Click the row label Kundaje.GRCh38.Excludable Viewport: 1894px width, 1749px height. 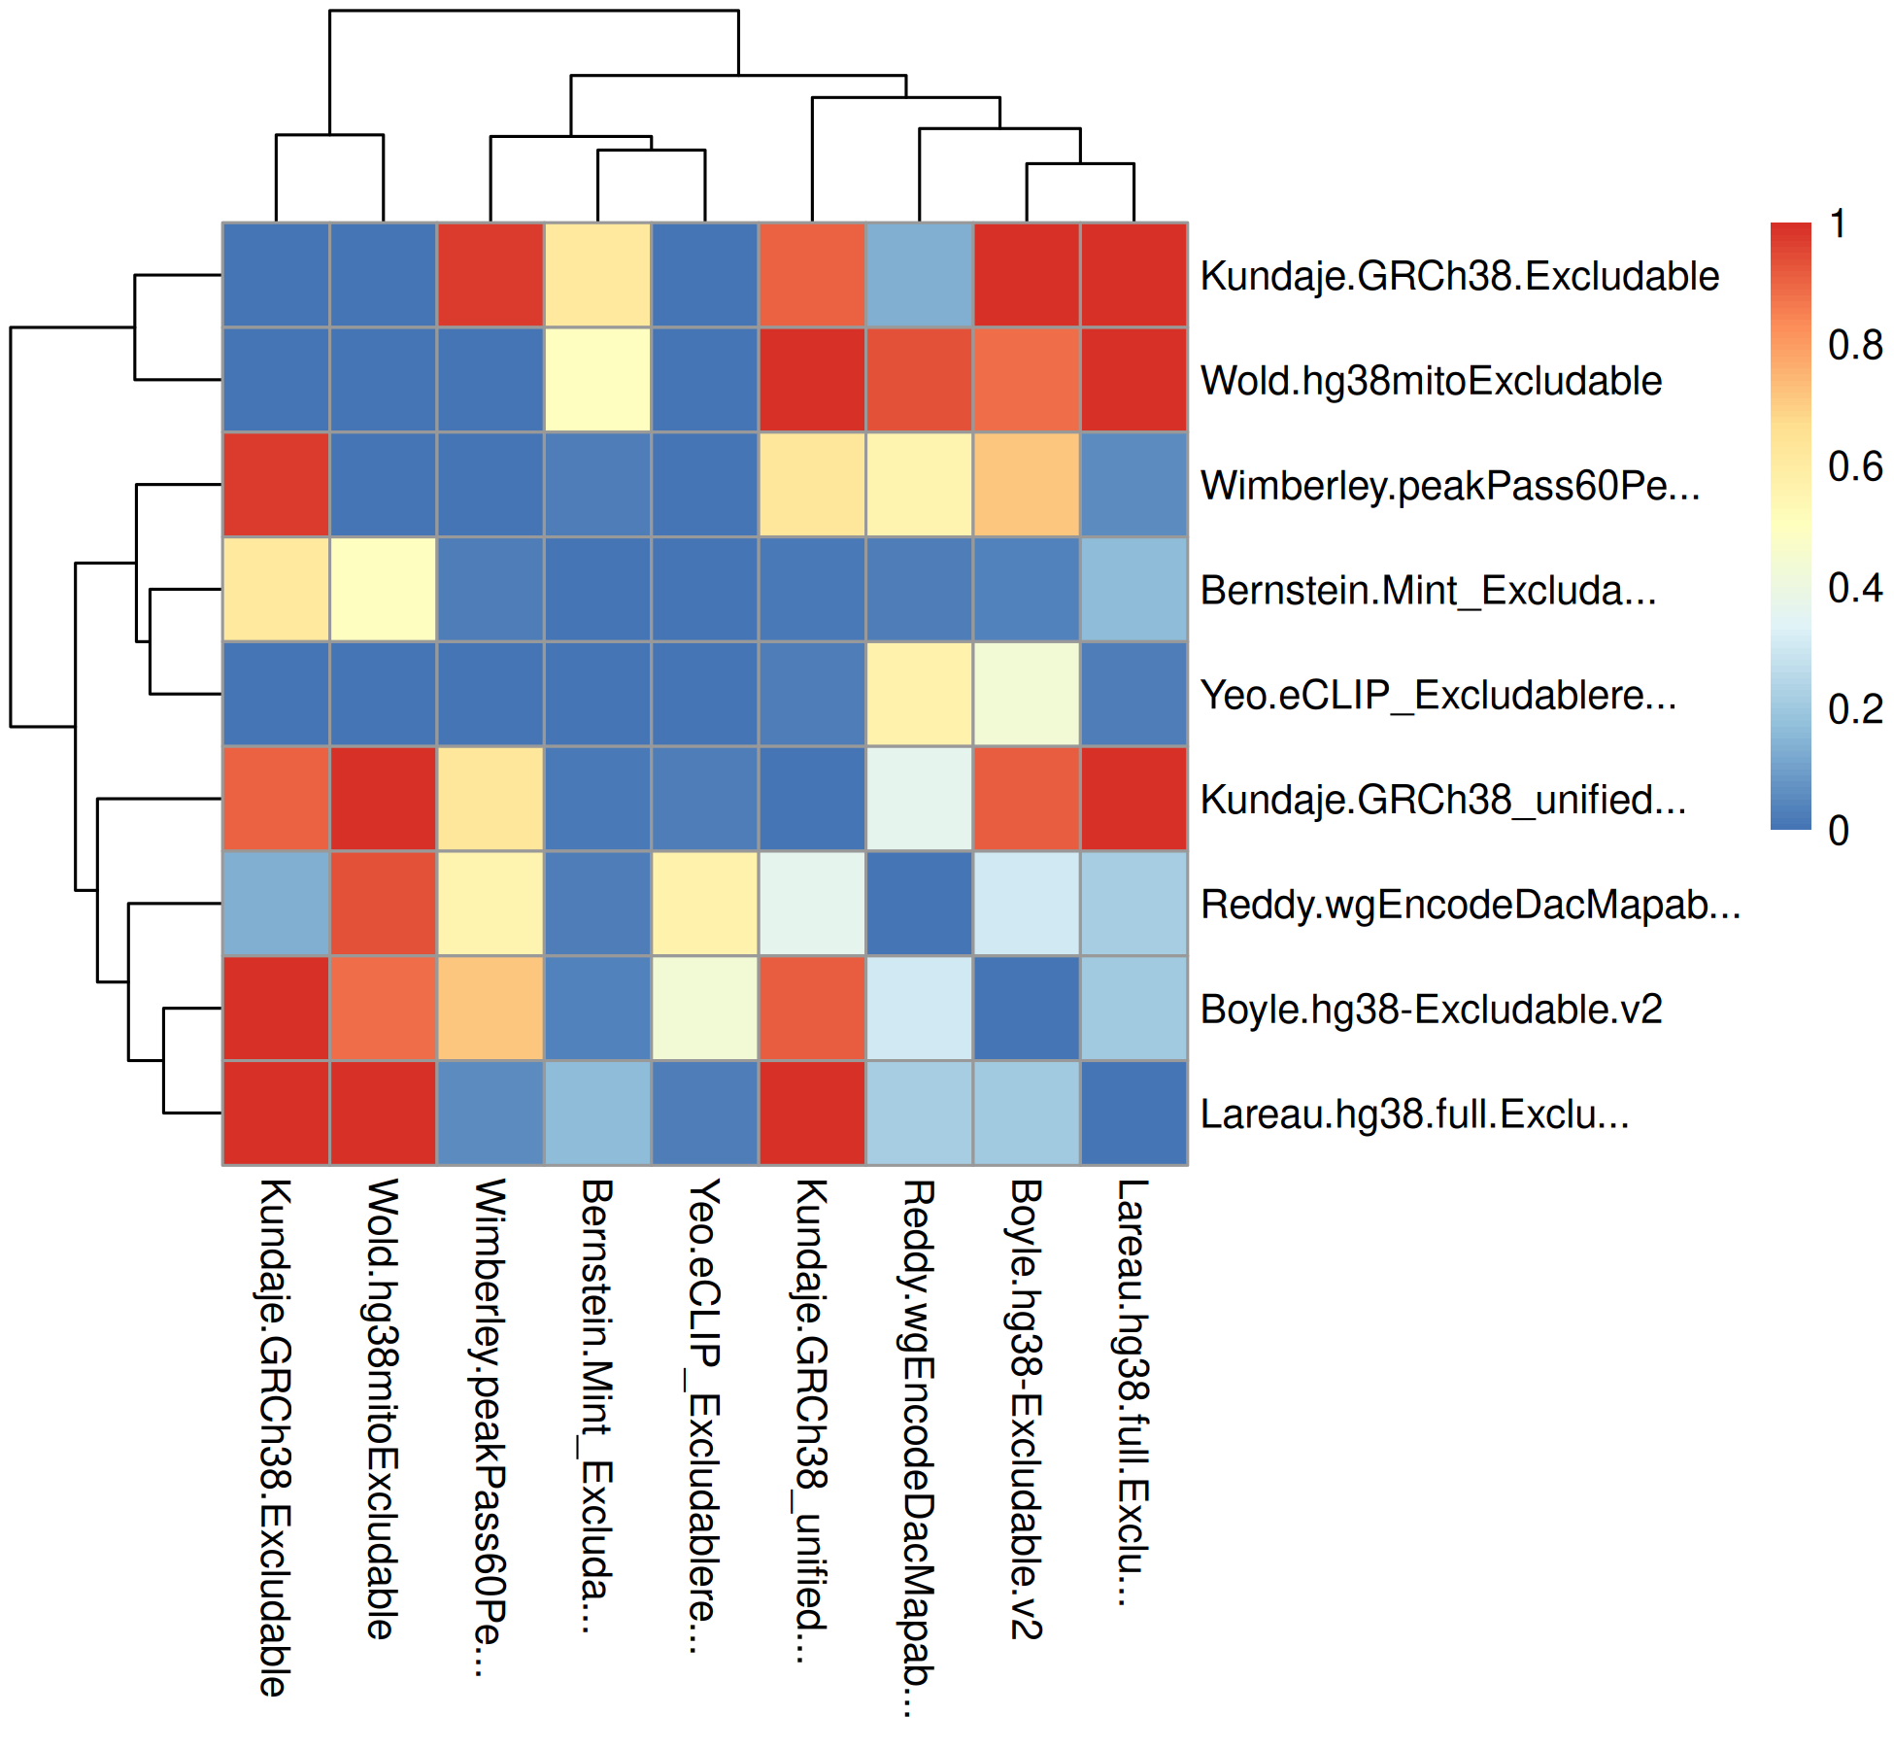[x=1459, y=276]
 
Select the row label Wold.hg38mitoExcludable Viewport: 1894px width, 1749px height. [x=1431, y=381]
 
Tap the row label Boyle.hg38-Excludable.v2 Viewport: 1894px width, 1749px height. [x=1431, y=1010]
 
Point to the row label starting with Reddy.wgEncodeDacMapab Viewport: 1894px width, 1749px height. [x=1470, y=905]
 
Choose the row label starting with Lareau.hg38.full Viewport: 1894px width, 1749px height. [x=1414, y=1115]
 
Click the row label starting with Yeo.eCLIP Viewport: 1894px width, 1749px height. [x=1438, y=696]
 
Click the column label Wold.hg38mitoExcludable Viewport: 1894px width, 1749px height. [x=382, y=1409]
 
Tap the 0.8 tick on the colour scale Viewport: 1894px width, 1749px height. [x=1854, y=345]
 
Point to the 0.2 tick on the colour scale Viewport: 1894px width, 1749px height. [x=1854, y=709]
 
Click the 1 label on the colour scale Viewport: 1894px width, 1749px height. [x=1838, y=224]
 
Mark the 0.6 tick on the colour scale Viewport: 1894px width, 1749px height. [x=1854, y=466]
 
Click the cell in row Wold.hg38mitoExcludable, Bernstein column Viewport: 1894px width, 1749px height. [x=597, y=380]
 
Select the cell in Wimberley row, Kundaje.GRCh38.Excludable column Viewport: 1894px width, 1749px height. [x=276, y=484]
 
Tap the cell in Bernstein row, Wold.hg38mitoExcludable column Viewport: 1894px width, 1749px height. [x=383, y=589]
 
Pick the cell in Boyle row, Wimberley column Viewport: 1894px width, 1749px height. [x=490, y=1008]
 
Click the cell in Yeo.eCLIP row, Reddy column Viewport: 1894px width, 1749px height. [x=919, y=694]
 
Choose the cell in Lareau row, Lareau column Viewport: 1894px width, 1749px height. [x=1133, y=1113]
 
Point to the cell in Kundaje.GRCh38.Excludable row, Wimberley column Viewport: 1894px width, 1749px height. [x=490, y=275]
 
